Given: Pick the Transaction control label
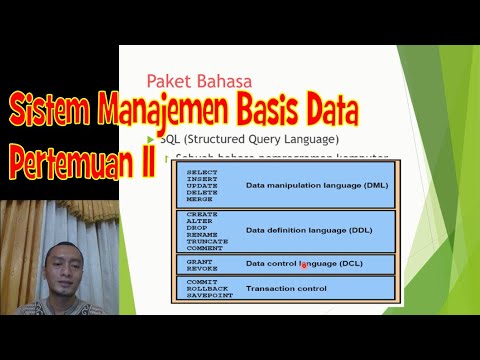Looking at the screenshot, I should [x=286, y=289].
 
